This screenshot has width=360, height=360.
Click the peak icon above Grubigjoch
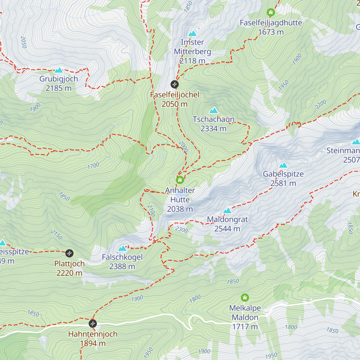58,70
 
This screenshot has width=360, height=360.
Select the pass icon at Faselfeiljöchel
175,84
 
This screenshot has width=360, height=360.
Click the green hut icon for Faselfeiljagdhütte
271,13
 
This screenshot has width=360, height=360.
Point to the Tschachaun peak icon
214,110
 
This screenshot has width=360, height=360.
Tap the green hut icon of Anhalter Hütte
180,180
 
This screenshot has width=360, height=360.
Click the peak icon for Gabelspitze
283,165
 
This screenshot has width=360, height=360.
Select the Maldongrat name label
227,219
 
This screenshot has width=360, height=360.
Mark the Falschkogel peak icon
122,248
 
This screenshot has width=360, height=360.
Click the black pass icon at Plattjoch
69,253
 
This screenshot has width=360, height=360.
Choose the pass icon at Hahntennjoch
93,324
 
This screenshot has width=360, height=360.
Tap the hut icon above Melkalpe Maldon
245,298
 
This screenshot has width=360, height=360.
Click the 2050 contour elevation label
24,42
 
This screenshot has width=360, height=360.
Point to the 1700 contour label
93,166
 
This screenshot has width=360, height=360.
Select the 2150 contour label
56,235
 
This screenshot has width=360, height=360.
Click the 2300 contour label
181,230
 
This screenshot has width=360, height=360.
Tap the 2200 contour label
321,104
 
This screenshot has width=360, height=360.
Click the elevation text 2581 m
283,183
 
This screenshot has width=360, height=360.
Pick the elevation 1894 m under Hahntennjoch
93,343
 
